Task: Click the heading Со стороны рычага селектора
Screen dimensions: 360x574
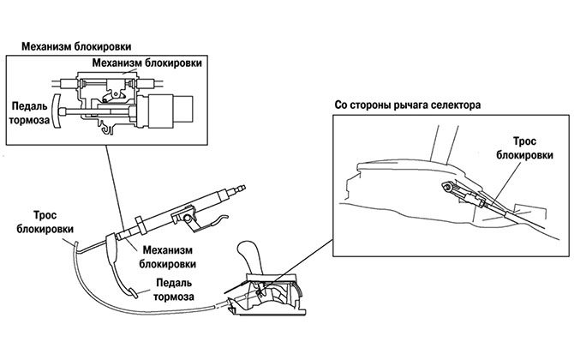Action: click(406, 105)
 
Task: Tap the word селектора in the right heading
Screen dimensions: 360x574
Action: click(453, 105)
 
